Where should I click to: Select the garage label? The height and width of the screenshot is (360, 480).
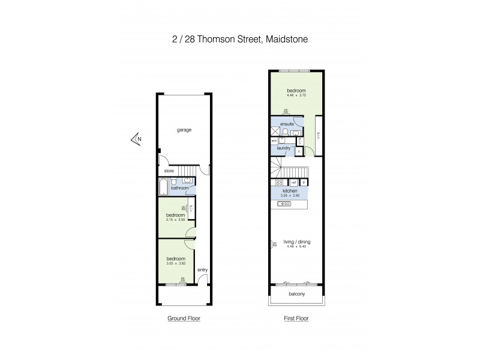click(184, 130)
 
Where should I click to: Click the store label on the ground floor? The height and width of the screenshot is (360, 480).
click(169, 171)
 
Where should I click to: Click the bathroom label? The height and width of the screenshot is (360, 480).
click(179, 188)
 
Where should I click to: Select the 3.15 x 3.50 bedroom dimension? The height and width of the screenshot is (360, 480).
click(175, 219)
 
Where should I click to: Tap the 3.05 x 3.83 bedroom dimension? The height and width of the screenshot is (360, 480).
click(175, 263)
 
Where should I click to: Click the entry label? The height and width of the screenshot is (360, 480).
click(203, 270)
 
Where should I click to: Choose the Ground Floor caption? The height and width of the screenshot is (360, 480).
click(184, 319)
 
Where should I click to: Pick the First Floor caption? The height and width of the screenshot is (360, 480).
click(296, 319)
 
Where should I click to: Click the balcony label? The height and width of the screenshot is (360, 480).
click(296, 294)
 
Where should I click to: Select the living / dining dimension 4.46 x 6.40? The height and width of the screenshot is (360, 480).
click(296, 247)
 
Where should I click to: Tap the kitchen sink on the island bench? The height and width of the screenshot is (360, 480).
click(284, 204)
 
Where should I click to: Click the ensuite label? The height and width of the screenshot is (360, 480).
click(287, 124)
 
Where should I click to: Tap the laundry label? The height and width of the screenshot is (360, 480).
click(284, 148)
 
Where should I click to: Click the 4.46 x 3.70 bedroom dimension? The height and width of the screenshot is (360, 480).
click(296, 95)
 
